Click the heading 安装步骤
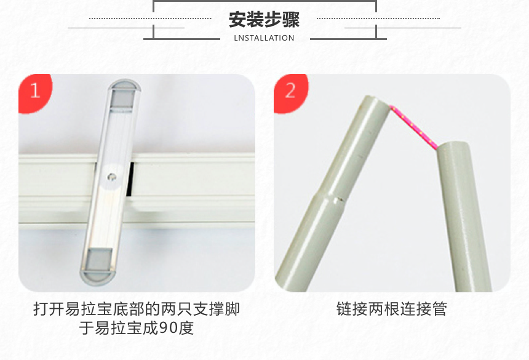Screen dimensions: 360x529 [x=264, y=20]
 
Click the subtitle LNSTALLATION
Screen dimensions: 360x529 [x=264, y=38]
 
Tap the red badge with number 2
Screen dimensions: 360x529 [x=290, y=91]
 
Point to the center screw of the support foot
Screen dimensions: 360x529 [x=111, y=177]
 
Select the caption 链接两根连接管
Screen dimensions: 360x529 [x=391, y=309]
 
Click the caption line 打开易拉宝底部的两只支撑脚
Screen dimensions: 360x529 [x=136, y=309]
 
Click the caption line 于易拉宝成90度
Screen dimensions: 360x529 [x=136, y=329]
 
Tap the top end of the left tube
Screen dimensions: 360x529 [x=376, y=100]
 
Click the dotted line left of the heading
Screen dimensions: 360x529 [x=151, y=18]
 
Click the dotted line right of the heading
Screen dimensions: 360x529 [x=378, y=18]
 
